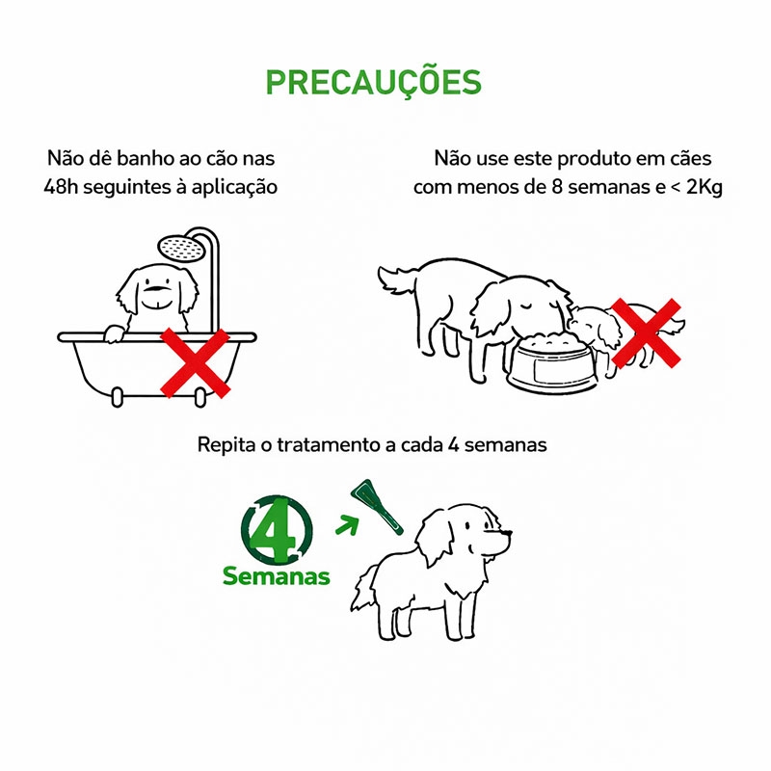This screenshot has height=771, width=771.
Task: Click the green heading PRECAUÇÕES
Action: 373,81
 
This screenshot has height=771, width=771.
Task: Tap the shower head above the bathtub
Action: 182,248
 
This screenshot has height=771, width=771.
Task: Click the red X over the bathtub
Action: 196,363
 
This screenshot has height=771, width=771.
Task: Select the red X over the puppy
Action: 646,332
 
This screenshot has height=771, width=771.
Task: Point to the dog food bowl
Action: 551,362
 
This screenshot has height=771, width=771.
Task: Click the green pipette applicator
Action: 376,507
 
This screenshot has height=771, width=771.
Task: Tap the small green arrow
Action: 347,524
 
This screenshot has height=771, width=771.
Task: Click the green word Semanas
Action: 276,575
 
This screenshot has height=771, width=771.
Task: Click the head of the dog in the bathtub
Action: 157,289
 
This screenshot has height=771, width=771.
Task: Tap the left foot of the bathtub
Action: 117,398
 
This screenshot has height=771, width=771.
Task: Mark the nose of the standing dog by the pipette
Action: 508,533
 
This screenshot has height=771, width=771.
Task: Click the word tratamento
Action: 329,445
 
